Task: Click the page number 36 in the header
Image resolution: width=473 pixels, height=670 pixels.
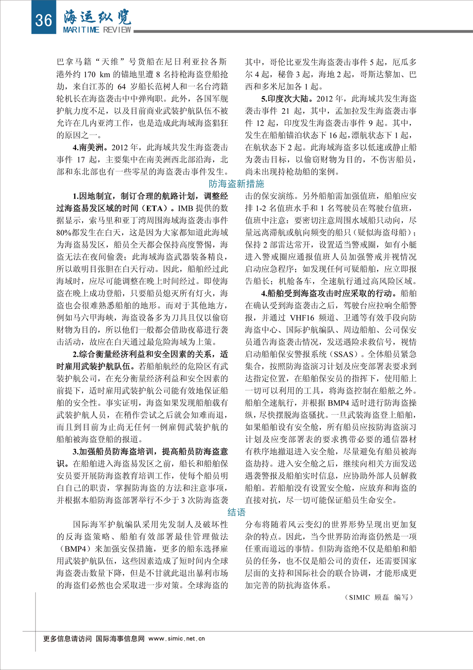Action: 43,19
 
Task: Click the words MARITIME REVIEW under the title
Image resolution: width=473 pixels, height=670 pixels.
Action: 97,30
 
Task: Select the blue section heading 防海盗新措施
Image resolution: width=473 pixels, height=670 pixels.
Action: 236,184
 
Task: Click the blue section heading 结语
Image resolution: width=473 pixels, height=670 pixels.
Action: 236,512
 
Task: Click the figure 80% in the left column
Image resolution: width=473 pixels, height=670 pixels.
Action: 63,233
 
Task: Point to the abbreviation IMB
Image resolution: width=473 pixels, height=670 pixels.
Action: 186,208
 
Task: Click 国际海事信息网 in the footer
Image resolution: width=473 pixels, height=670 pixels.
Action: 120,638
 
